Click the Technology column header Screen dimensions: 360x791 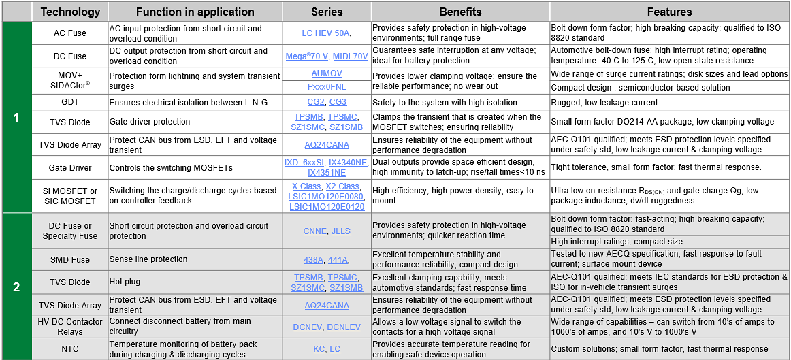(70, 12)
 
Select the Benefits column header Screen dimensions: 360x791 (460, 12)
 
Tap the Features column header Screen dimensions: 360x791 (669, 12)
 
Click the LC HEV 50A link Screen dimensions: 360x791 (325, 33)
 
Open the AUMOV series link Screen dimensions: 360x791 (327, 73)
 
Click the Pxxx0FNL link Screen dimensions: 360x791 (327, 87)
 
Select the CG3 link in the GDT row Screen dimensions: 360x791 (338, 102)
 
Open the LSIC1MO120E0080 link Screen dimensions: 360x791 (326, 196)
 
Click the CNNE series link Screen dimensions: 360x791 (314, 231)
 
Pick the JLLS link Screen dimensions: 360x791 (341, 231)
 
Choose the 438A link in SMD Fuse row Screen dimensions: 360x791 (314, 259)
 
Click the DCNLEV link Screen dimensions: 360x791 (344, 327)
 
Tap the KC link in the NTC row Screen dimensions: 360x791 (319, 348)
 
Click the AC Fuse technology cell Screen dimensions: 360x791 (69, 33)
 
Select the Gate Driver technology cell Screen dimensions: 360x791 (69, 167)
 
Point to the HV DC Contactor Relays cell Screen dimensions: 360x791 (69, 327)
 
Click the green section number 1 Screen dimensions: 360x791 (16, 118)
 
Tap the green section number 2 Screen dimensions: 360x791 (16, 287)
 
